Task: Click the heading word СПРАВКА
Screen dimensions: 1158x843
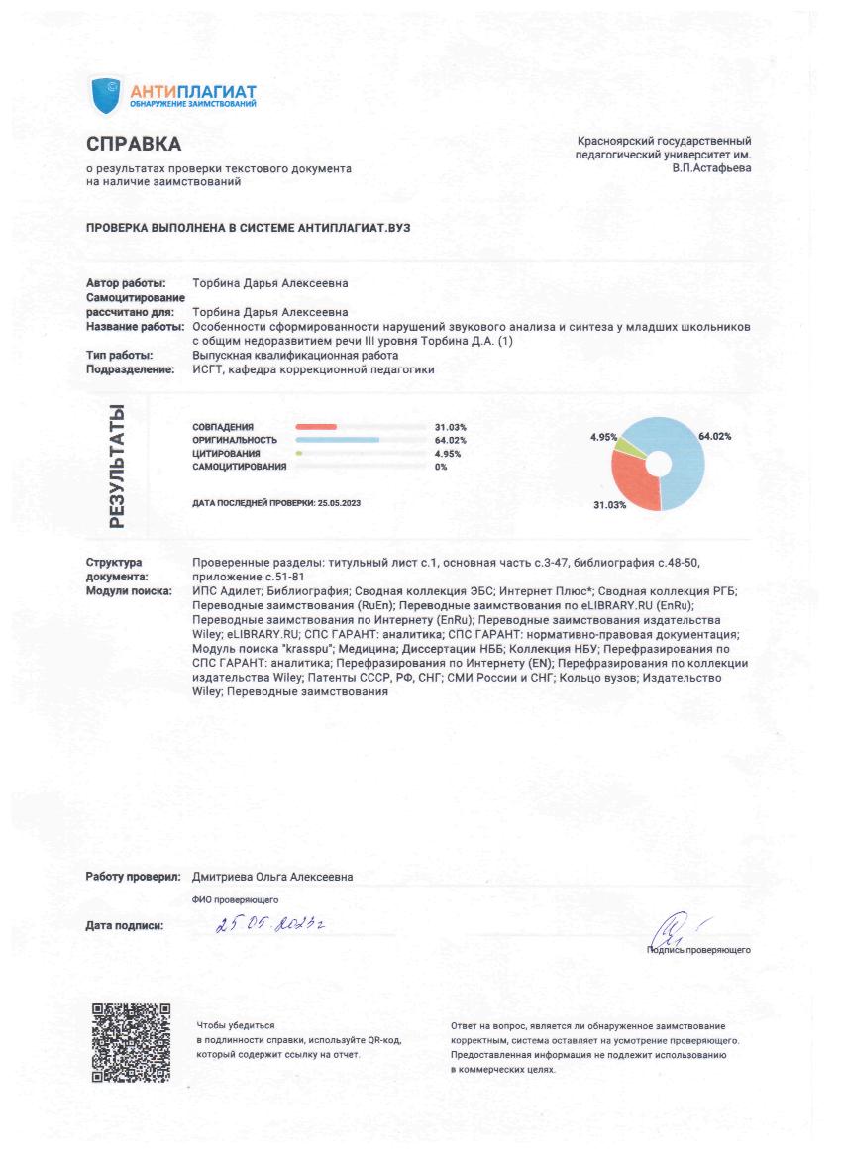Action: click(134, 145)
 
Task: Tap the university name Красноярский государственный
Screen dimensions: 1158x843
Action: click(663, 141)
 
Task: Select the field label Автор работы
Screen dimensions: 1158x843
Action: click(126, 283)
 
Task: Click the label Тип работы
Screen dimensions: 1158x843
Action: click(119, 355)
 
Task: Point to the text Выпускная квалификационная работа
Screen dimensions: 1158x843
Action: click(294, 355)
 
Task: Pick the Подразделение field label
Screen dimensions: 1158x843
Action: click(132, 369)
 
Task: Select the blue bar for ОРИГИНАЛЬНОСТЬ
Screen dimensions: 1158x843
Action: click(338, 440)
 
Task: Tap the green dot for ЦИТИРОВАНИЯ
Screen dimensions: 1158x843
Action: click(299, 453)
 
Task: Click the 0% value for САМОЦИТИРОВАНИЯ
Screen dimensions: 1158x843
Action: click(441, 467)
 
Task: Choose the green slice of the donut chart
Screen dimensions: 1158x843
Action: click(627, 444)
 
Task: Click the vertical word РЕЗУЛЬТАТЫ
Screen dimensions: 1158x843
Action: click(116, 466)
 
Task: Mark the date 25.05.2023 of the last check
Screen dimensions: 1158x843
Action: click(339, 504)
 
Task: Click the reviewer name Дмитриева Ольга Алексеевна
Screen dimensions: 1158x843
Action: click(272, 877)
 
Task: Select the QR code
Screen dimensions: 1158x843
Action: click(132, 1043)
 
